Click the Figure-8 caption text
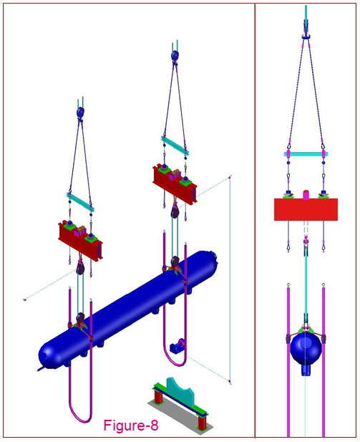pyautogui.click(x=131, y=426)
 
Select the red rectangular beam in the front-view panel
pyautogui.click(x=306, y=209)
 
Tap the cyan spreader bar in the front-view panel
pyautogui.click(x=306, y=153)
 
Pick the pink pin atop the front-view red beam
pyautogui.click(x=306, y=193)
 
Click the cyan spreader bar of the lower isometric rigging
pyautogui.click(x=80, y=200)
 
